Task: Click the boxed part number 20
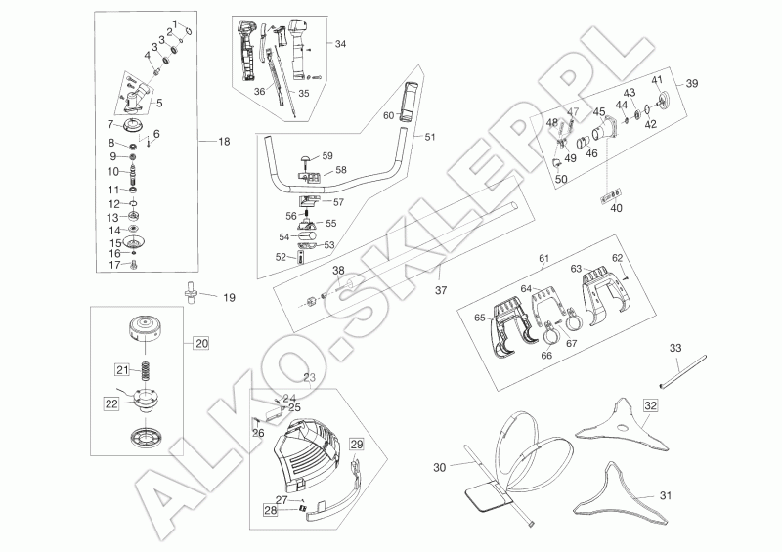click(x=200, y=343)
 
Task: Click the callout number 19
click(x=231, y=296)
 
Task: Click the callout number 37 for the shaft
click(x=440, y=289)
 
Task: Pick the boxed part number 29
click(x=357, y=445)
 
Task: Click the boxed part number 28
click(x=270, y=509)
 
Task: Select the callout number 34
click(x=340, y=45)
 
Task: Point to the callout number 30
click(x=438, y=468)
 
